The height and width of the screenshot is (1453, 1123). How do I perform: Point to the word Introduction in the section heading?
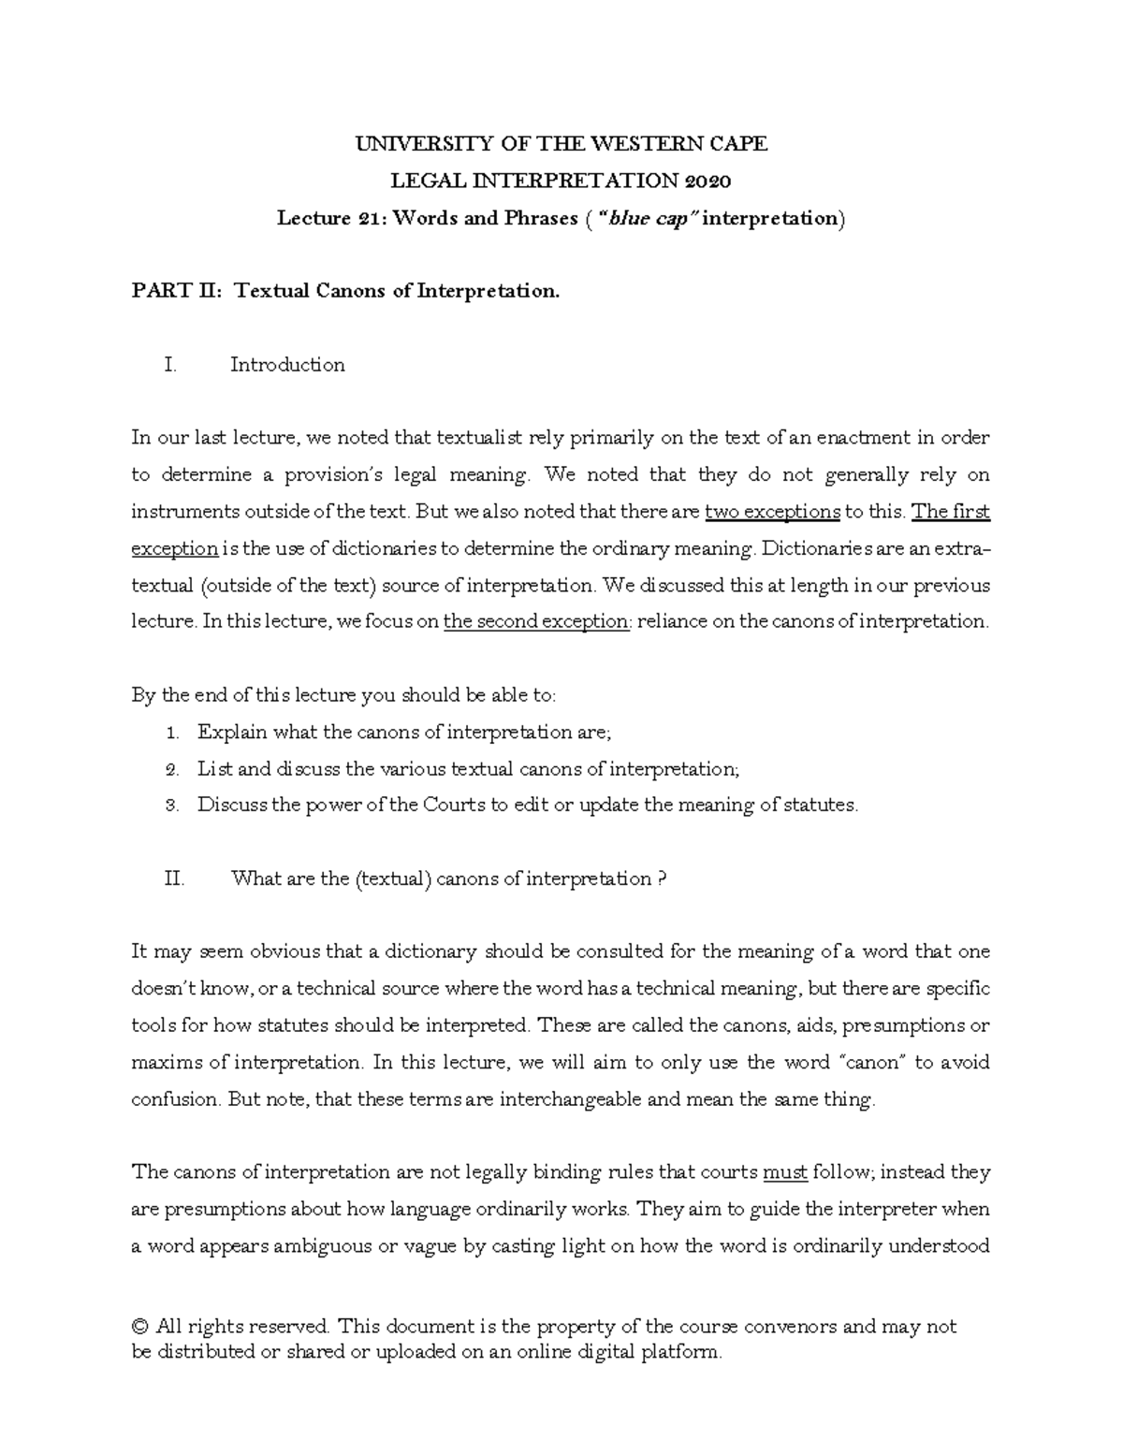[287, 365]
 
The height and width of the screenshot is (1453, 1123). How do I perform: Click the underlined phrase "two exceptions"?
[772, 511]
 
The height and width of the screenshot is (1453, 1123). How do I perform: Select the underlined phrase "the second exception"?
[536, 621]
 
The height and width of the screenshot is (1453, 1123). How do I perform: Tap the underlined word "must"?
[785, 1172]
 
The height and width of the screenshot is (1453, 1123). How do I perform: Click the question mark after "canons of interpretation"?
[663, 879]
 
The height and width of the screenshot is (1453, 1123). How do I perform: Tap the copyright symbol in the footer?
[141, 1327]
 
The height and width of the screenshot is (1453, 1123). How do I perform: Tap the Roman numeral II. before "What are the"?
[174, 879]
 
